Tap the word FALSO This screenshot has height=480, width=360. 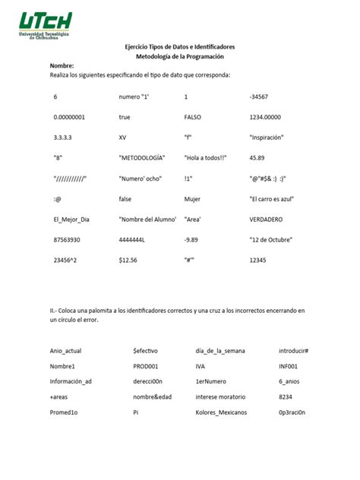pyautogui.click(x=194, y=118)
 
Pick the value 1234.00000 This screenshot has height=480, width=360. pyautogui.click(x=266, y=118)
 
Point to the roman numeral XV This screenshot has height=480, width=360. pyautogui.click(x=123, y=137)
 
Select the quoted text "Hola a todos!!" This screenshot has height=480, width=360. pyautogui.click(x=205, y=158)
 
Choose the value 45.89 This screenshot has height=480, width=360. pyautogui.click(x=257, y=158)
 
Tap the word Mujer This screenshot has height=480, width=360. pyautogui.click(x=194, y=199)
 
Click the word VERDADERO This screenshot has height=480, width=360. pyautogui.click(x=267, y=219)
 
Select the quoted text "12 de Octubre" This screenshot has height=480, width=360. pyautogui.click(x=271, y=240)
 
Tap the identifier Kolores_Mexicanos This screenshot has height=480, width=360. pyautogui.click(x=221, y=412)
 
